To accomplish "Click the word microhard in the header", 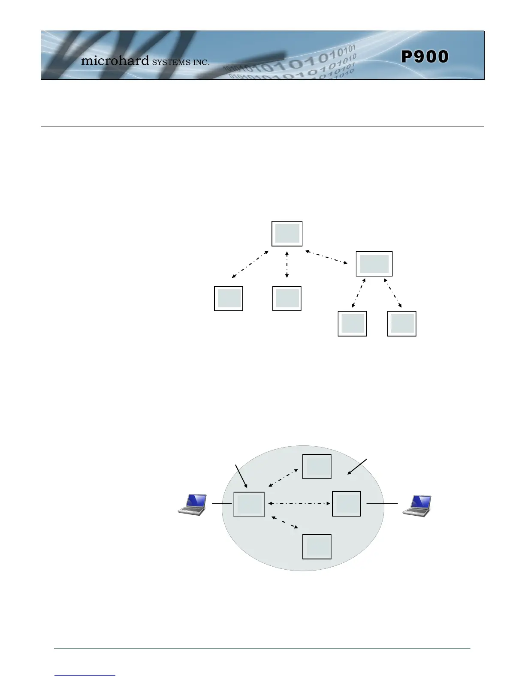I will pyautogui.click(x=115, y=61).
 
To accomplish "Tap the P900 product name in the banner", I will pyautogui.click(x=425, y=57).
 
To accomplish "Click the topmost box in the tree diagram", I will pyautogui.click(x=287, y=234).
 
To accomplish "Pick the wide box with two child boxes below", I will pyautogui.click(x=374, y=264).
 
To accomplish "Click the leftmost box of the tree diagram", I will pyautogui.click(x=228, y=298).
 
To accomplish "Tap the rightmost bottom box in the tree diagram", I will pyautogui.click(x=401, y=323).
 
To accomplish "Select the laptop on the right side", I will pyautogui.click(x=417, y=505).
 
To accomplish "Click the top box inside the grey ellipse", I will pyautogui.click(x=317, y=466).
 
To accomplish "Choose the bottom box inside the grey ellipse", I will pyautogui.click(x=317, y=547).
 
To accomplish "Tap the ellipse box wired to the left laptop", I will pyautogui.click(x=249, y=505).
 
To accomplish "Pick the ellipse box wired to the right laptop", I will pyautogui.click(x=346, y=504).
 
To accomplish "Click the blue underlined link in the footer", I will pyautogui.click(x=85, y=675).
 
